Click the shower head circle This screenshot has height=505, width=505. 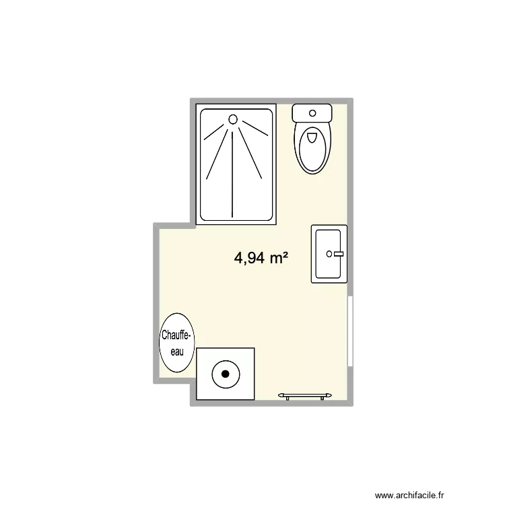pos(233,119)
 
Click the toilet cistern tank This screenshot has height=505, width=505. pos(312,112)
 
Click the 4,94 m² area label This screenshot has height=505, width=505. pos(261,257)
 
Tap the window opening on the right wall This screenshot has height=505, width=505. pos(350,331)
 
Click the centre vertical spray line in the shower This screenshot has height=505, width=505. pos(233,172)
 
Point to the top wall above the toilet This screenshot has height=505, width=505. pos(312,100)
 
